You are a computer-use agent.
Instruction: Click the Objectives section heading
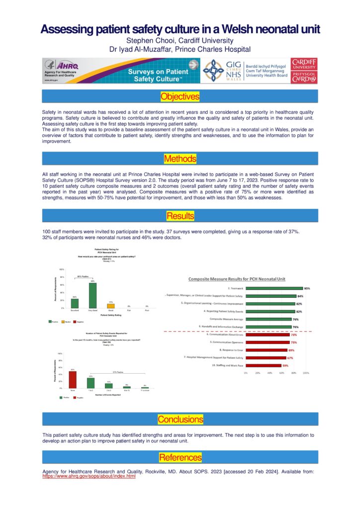click(180, 96)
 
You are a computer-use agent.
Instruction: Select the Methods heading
click(180, 159)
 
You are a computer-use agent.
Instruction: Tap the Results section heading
click(180, 216)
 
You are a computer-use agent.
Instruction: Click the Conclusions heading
click(180, 420)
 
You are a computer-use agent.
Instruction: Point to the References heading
click(180, 457)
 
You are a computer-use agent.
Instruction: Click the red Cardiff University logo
click(305, 71)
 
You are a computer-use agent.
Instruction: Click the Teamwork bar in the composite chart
click(274, 288)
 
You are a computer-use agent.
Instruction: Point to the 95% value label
click(307, 288)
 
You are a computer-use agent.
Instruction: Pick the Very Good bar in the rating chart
click(92, 295)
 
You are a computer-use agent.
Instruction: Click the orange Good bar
click(110, 306)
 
